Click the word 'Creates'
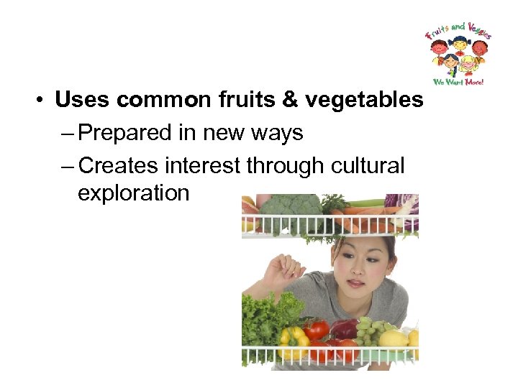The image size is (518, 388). coord(119,165)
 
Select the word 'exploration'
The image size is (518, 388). coord(133,193)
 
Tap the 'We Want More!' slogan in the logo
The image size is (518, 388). coord(458,81)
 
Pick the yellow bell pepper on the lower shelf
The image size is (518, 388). coord(293,336)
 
